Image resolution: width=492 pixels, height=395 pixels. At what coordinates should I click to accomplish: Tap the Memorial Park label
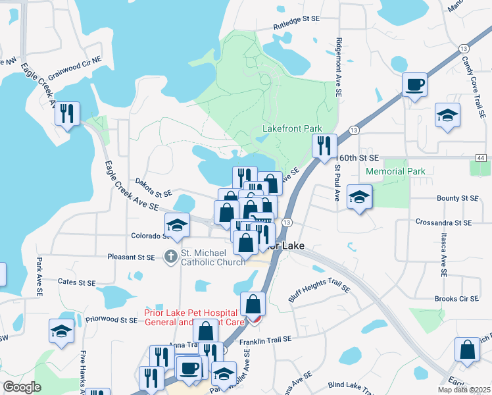[393, 171]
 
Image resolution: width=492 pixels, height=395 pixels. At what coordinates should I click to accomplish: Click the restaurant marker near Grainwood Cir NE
[68, 114]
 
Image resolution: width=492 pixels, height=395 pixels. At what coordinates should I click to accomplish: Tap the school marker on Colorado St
[176, 226]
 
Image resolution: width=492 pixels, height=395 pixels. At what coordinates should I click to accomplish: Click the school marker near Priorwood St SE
[61, 331]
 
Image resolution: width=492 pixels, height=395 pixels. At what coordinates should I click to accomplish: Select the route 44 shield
[481, 158]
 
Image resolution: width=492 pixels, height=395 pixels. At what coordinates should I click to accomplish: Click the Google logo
[22, 387]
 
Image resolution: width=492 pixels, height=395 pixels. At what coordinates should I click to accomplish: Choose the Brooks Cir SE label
[456, 299]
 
